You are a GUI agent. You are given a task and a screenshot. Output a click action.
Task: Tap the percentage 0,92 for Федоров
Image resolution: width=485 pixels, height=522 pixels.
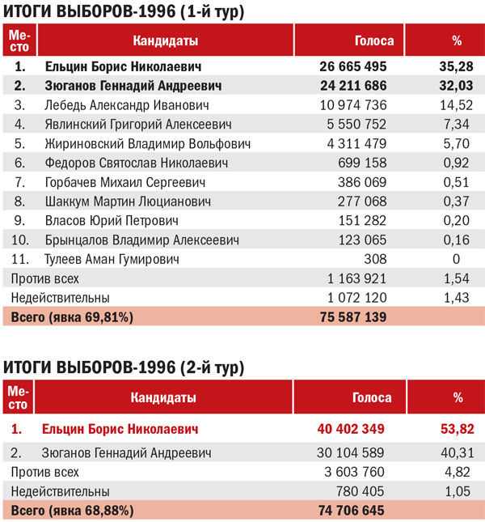coord(456,163)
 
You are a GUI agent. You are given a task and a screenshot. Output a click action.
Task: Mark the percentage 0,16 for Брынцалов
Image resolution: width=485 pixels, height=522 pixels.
coord(456,240)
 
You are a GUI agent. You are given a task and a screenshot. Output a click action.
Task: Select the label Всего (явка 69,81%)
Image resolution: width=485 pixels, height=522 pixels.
coord(71,316)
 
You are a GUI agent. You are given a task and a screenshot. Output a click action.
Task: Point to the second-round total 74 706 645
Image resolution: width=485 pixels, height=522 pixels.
coord(348,511)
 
